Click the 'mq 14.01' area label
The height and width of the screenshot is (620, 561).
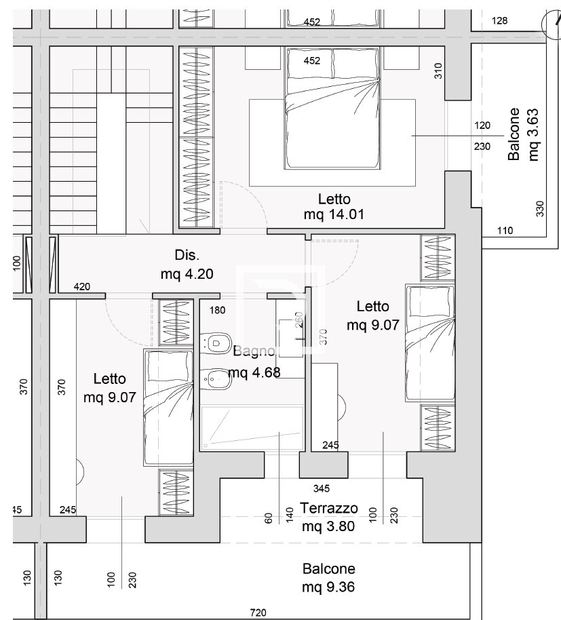click(334, 214)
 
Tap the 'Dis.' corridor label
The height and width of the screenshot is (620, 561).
click(187, 255)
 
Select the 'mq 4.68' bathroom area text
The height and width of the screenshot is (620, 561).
click(254, 372)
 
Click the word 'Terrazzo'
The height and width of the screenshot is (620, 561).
click(329, 508)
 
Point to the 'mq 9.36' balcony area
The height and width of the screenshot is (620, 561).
click(328, 587)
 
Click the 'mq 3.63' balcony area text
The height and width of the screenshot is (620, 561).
click(533, 134)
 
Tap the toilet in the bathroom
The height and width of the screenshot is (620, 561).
click(216, 342)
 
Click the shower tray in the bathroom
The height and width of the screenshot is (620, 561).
click(252, 427)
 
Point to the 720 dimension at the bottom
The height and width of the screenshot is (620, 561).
click(258, 613)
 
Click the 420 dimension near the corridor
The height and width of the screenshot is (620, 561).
click(82, 287)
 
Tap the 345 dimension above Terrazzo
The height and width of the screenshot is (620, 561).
click(322, 488)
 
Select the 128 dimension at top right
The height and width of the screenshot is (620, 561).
click(499, 20)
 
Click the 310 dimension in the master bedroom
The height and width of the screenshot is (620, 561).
click(438, 71)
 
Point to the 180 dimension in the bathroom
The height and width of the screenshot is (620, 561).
click(218, 310)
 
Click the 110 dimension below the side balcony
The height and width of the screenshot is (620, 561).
click(505, 230)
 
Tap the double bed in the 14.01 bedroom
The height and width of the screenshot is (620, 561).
click(332, 109)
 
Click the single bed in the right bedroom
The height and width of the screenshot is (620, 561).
click(430, 343)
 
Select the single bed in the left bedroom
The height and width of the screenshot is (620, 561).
click(168, 407)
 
